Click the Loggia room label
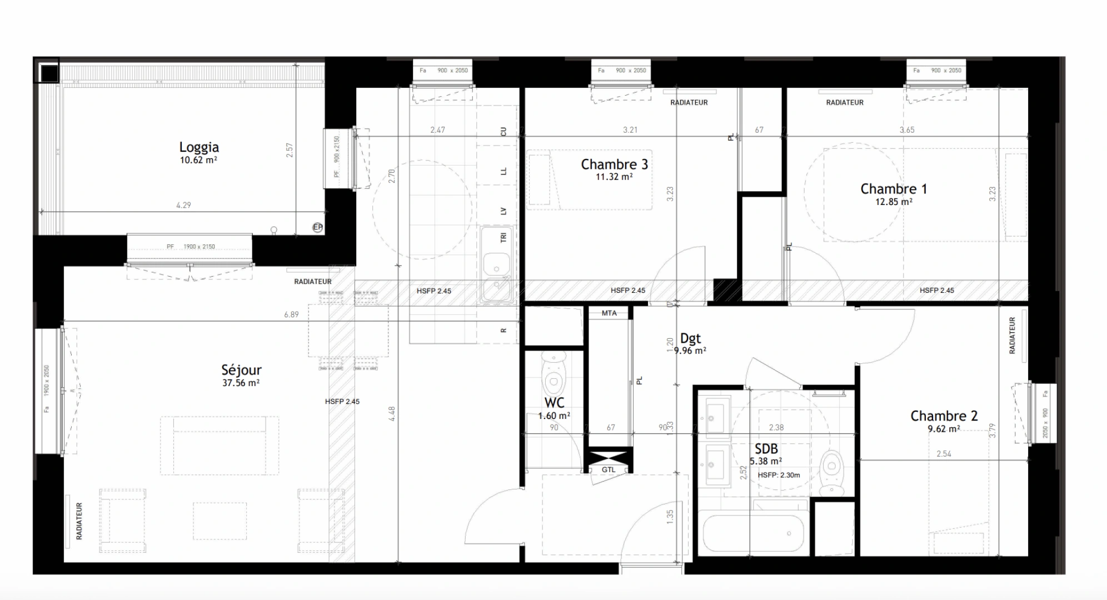(199, 147)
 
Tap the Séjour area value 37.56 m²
(241, 383)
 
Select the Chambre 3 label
(614, 164)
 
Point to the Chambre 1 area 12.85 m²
(894, 202)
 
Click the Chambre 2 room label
(944, 416)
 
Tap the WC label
(554, 403)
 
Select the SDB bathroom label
(766, 449)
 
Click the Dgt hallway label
(690, 338)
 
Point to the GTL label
(609, 470)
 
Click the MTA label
(609, 313)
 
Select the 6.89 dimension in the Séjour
(291, 314)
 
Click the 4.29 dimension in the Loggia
(183, 205)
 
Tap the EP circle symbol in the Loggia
(317, 227)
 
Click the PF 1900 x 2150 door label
(191, 247)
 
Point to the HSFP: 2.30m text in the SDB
(779, 475)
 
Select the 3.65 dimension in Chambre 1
(906, 130)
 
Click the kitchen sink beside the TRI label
(496, 263)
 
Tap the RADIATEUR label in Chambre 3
(689, 103)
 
